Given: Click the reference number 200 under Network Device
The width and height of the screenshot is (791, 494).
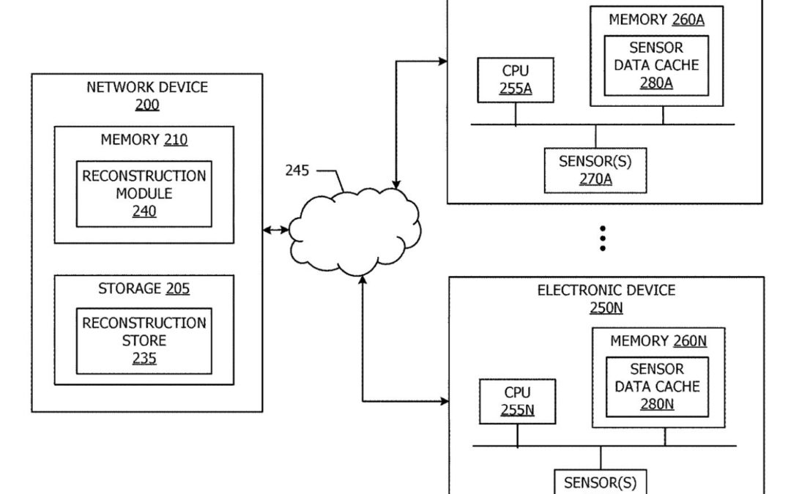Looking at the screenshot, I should [147, 105].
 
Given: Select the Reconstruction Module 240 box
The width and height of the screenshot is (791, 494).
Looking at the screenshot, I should [144, 194].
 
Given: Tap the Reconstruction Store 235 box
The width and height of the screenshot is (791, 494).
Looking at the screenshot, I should [144, 340].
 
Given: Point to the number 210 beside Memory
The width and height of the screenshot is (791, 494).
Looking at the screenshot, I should [175, 139].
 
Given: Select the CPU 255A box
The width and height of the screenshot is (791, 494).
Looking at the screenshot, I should [516, 80].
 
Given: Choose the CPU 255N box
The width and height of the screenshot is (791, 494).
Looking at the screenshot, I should [517, 401].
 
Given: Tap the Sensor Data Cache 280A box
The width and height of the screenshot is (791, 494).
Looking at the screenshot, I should [656, 64].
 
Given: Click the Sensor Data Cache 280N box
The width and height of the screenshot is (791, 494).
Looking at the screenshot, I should [657, 386].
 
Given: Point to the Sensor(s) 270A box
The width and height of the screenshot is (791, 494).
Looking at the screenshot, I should [595, 170].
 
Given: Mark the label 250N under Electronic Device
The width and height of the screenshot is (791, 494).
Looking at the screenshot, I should [606, 308].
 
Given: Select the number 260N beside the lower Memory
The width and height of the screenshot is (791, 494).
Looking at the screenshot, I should [690, 340].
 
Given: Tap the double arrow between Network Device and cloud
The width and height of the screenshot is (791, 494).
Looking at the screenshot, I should [276, 230].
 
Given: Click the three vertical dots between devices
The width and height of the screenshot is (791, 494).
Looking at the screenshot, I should [603, 239].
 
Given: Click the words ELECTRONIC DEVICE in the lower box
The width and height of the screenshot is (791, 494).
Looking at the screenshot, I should [606, 291].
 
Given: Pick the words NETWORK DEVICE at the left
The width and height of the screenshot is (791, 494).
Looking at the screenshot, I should [147, 87].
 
